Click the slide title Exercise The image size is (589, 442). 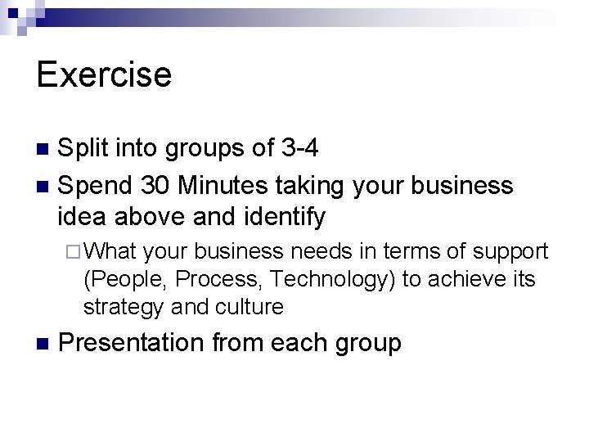104,74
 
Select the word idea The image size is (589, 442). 83,217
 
